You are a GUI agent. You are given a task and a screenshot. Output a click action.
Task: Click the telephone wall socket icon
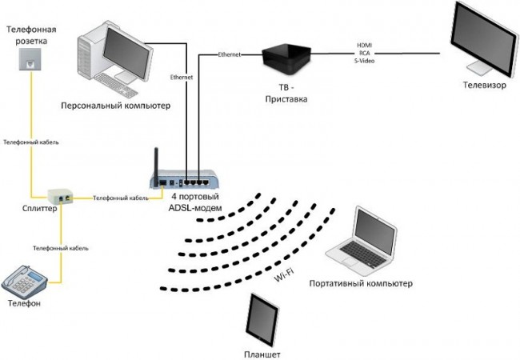[x=29, y=59]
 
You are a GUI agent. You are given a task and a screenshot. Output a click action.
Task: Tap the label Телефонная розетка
[x=27, y=34]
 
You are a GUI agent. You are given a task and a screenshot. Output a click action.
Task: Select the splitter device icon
[x=60, y=195]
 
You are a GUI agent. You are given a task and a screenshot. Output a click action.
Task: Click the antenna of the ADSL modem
[x=155, y=159]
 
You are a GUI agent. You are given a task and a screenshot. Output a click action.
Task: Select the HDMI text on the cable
[x=364, y=45]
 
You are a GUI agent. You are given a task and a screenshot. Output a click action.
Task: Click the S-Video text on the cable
[x=364, y=60]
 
